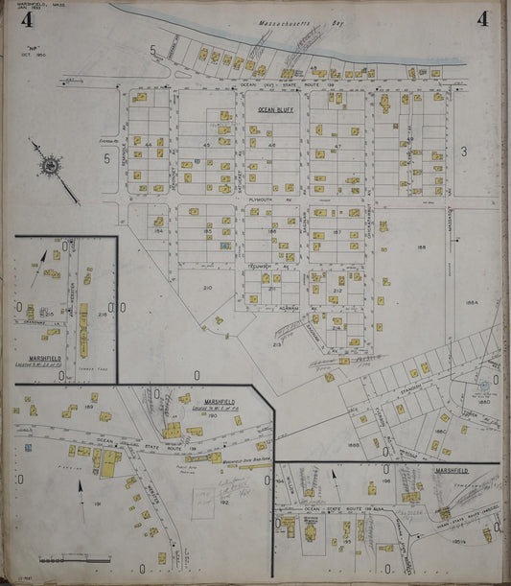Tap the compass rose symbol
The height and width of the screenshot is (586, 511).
(x=48, y=165)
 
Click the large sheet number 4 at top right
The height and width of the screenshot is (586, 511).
(x=481, y=18)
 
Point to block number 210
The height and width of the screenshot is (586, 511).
(x=206, y=288)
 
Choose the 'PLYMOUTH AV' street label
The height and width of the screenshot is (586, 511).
(x=263, y=199)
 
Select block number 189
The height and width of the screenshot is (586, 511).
(x=87, y=408)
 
